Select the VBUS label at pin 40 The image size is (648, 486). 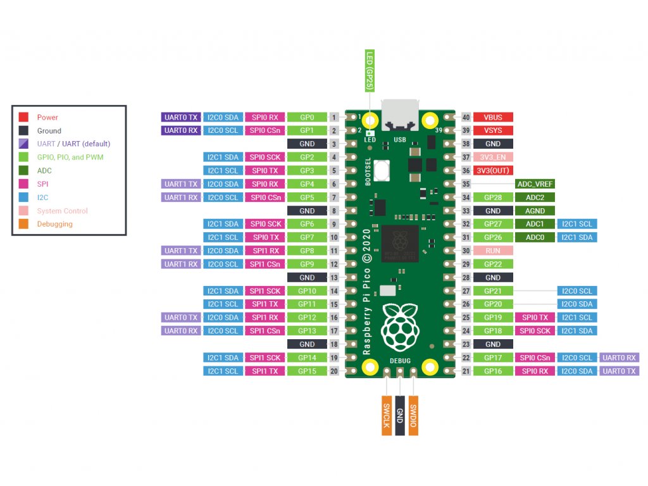(493, 117)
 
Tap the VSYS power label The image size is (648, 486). (493, 130)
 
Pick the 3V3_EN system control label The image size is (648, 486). (493, 157)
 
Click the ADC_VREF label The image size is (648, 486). (535, 184)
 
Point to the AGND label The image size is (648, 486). (535, 211)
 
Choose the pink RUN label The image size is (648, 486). (493, 251)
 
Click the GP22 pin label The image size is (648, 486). (493, 264)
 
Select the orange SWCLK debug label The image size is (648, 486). (386, 415)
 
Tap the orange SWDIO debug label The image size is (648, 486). (413, 415)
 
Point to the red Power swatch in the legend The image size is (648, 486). (23, 117)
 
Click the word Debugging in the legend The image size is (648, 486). (54, 224)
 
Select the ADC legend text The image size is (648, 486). (44, 171)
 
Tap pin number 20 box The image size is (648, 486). (333, 371)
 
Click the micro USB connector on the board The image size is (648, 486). (399, 114)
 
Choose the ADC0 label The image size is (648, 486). (535, 237)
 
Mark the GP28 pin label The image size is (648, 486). (493, 197)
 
